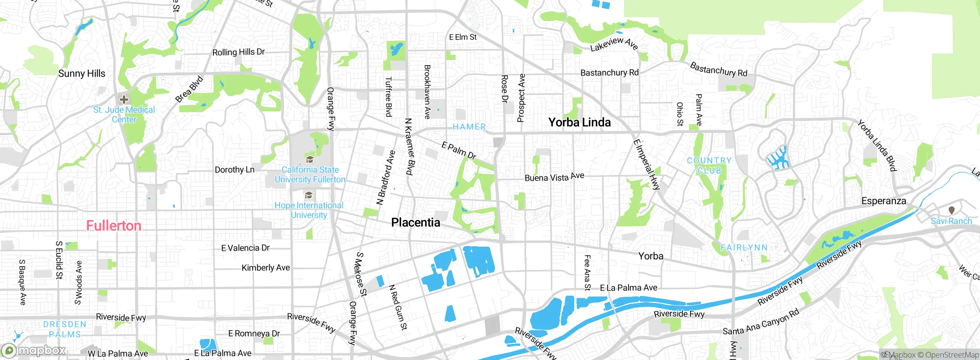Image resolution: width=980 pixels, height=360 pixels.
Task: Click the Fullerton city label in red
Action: point(114,226)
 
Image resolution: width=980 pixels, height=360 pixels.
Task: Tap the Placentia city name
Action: point(415,223)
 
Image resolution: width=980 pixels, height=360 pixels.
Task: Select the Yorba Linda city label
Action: point(579,123)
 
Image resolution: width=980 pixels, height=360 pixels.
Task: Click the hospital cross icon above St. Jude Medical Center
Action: point(124,100)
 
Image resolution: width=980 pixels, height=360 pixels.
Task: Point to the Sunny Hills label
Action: point(82,74)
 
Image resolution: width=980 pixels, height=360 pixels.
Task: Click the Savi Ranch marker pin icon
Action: point(951,210)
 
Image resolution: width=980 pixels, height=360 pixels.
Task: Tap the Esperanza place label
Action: point(884,201)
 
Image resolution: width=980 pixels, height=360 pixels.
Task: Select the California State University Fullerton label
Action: point(310,175)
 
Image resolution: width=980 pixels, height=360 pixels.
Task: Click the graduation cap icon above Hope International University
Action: point(309,196)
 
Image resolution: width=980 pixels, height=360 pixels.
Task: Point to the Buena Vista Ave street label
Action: point(554,177)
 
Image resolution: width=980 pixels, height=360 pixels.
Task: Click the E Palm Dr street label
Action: point(459,151)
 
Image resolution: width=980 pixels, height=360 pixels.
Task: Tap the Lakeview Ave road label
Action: point(614,44)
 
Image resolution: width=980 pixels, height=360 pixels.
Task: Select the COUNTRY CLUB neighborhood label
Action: point(709,165)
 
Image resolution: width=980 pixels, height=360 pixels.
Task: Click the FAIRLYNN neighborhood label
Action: point(744,248)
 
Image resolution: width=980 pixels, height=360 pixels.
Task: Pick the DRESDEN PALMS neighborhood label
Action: point(65,329)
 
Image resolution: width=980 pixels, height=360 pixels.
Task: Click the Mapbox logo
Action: point(34,350)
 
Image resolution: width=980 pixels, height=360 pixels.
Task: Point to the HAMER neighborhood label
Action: point(469,127)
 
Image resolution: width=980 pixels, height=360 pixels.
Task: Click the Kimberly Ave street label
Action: point(266,268)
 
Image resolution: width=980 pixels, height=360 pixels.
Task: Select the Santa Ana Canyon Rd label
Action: point(761,322)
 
